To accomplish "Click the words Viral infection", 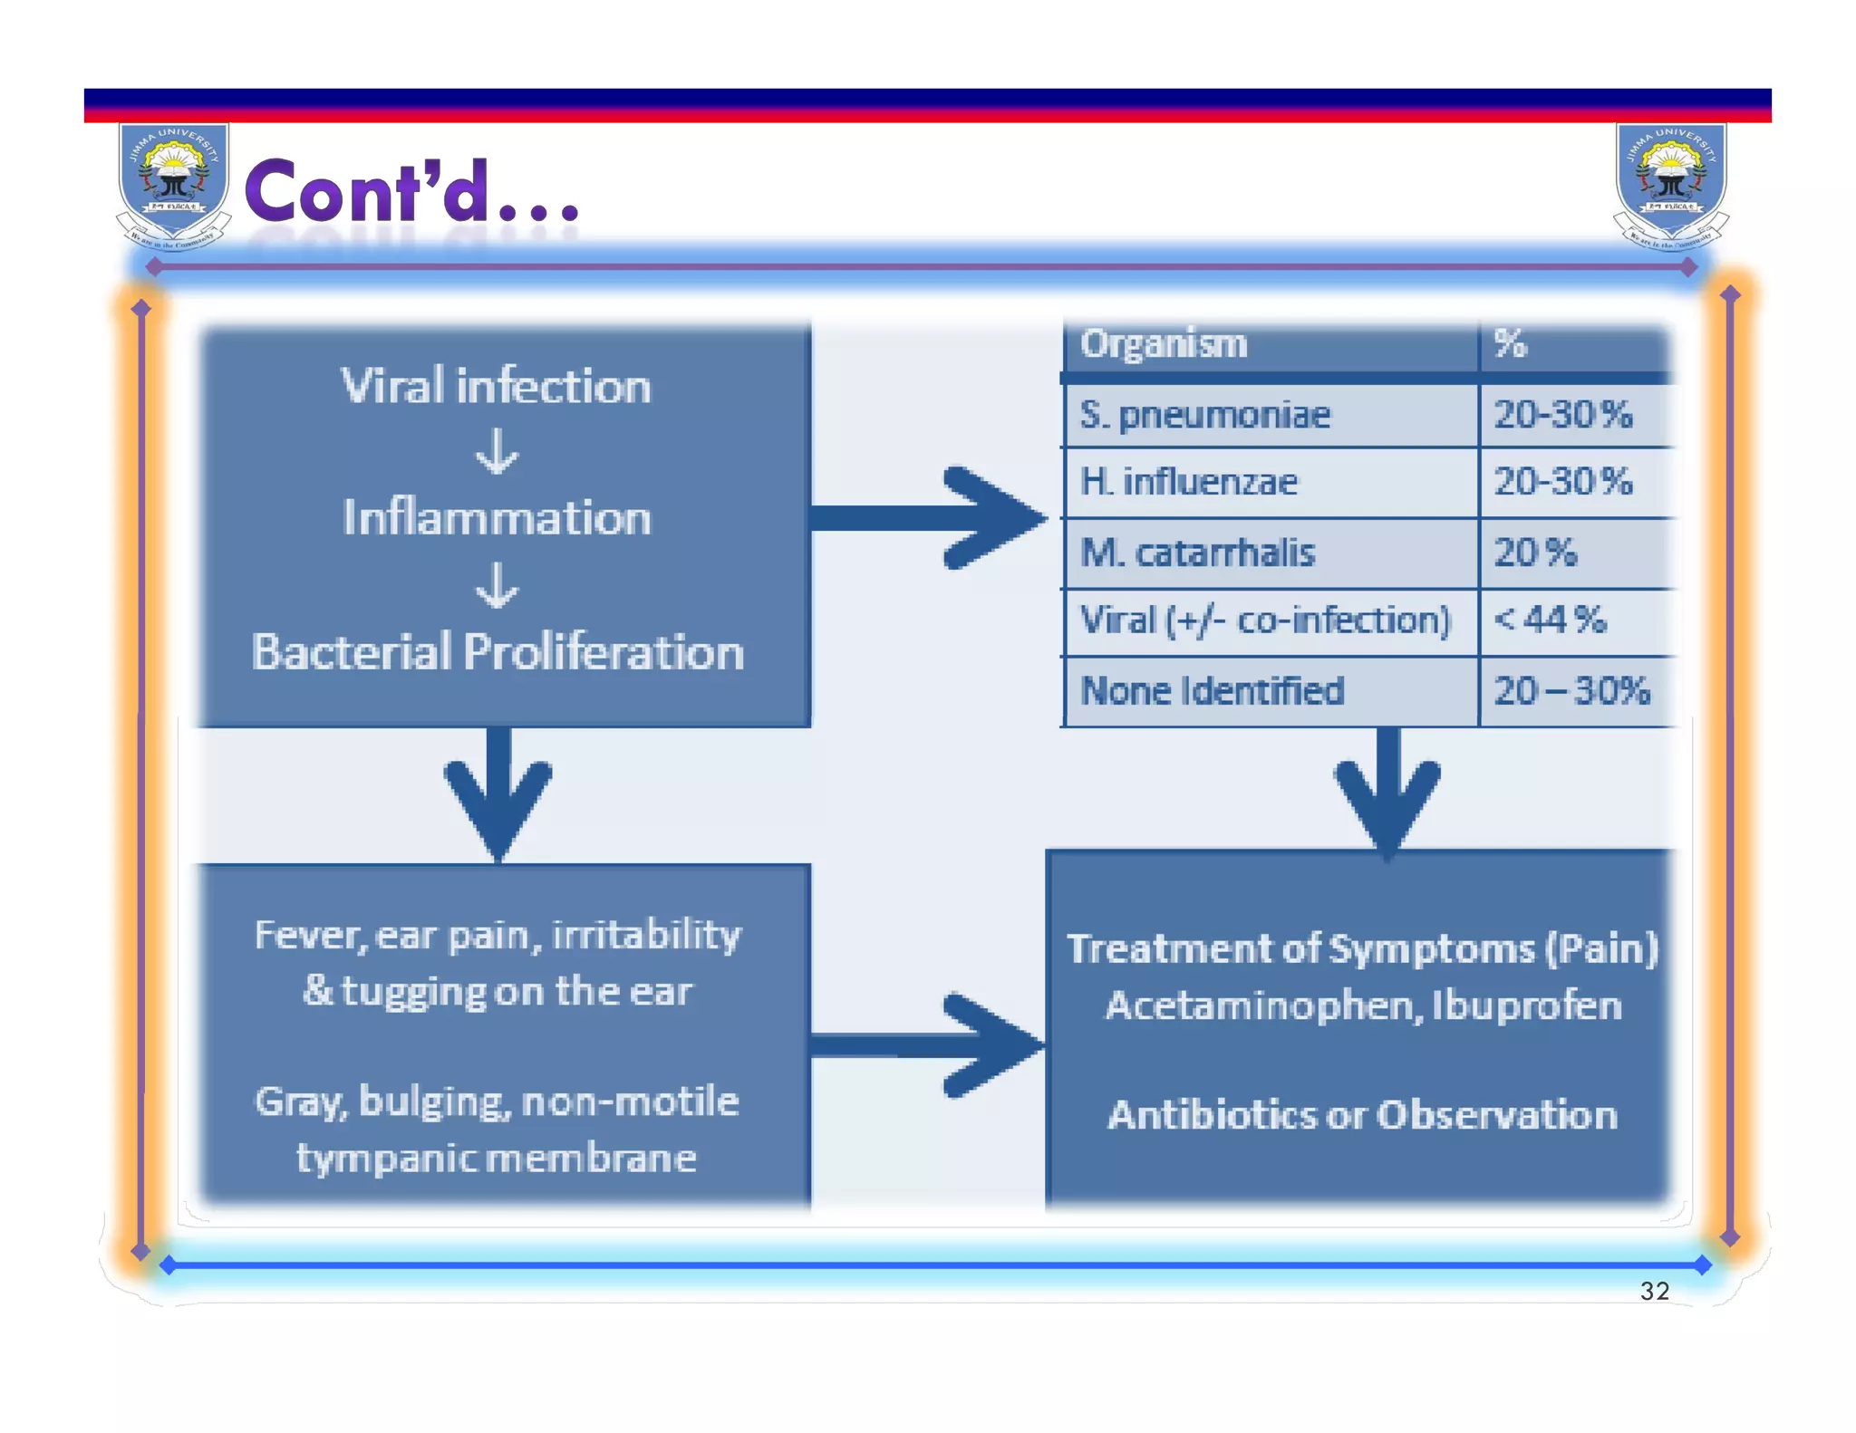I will (496, 386).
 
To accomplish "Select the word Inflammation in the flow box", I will (497, 518).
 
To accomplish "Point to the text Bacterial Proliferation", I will (498, 652).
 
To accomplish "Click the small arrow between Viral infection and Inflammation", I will (498, 451).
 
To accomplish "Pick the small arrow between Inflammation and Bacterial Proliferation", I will (498, 585).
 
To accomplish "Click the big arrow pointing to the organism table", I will (933, 518).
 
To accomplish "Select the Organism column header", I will (1164, 344).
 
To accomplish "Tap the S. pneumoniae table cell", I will (1205, 415).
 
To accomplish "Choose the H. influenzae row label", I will (1188, 482).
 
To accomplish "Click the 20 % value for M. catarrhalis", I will (1535, 553).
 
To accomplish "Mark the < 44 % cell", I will (1550, 620).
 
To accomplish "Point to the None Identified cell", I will (1213, 691).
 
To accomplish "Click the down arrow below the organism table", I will (1387, 793).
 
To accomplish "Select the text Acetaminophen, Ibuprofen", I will (1363, 1005).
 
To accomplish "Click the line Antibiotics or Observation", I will (1363, 1115).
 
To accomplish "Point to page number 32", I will (1655, 1291).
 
